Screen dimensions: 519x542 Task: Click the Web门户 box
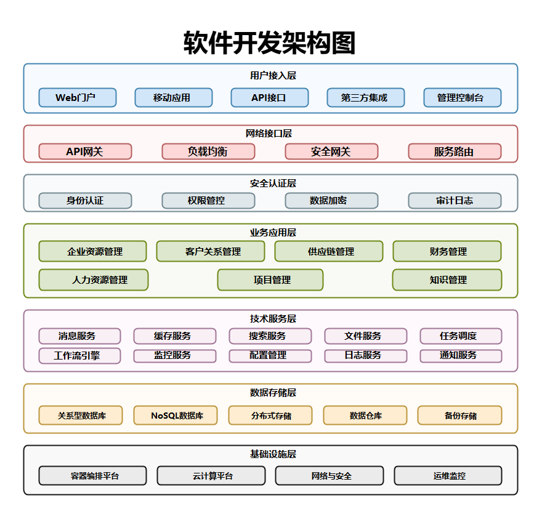coord(77,97)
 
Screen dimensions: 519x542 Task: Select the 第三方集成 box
coord(365,97)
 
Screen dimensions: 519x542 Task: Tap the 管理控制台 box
coord(462,97)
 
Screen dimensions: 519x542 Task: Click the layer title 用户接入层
coord(270,76)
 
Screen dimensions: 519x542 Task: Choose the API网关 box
coord(85,151)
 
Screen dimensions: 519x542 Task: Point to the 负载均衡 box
coord(208,151)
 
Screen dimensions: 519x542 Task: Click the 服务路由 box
coord(455,151)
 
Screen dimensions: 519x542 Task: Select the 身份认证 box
coord(85,201)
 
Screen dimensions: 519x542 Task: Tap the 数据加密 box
coord(331,201)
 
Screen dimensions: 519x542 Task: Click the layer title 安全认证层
coord(270,183)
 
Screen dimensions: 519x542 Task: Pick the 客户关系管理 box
coord(210,251)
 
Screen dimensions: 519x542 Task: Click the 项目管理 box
coord(270,280)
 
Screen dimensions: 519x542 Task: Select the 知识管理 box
coord(447,280)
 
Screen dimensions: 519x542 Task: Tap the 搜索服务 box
coord(270,336)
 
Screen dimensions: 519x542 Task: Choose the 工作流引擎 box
coord(79,356)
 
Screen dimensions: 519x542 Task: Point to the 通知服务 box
coord(461,356)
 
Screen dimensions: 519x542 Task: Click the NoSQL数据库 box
coord(176,415)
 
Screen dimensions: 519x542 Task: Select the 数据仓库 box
coord(365,415)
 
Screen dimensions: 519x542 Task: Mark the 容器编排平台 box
coord(92,475)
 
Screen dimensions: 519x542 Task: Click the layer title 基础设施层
coord(270,454)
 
